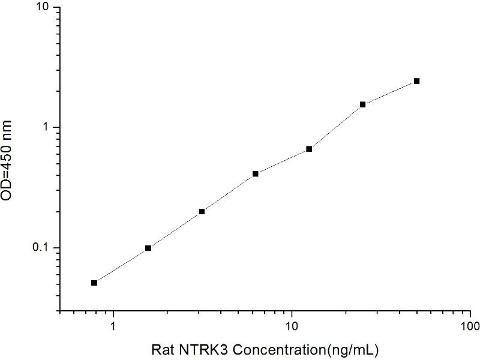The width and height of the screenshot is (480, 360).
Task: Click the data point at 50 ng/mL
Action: pyautogui.click(x=416, y=81)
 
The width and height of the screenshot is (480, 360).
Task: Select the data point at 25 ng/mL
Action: pyautogui.click(x=362, y=104)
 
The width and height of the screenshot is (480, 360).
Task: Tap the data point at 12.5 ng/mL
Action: pyautogui.click(x=309, y=149)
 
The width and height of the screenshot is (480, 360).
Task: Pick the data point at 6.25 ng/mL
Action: pyautogui.click(x=255, y=174)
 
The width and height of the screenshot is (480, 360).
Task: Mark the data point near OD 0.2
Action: pyautogui.click(x=202, y=211)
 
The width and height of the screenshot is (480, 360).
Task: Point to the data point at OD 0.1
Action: pyautogui.click(x=148, y=248)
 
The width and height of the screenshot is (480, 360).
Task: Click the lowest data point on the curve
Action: pyautogui.click(x=94, y=283)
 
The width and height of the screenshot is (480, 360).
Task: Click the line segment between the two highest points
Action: pyautogui.click(x=389, y=92)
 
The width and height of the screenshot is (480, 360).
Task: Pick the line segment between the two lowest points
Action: pyautogui.click(x=121, y=265)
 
